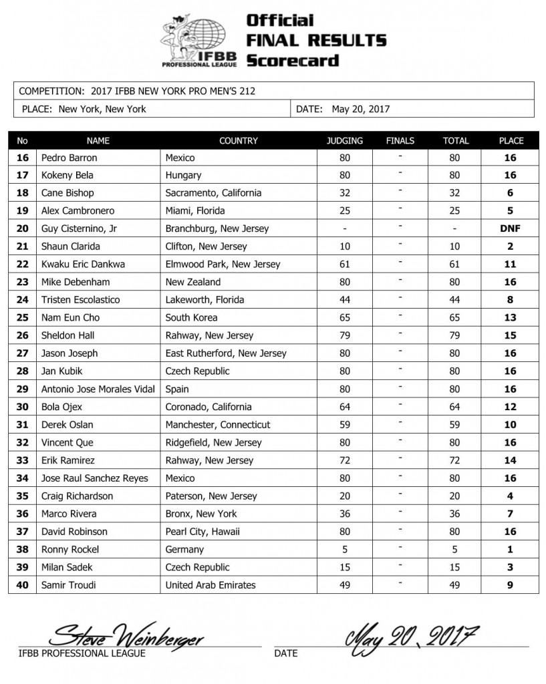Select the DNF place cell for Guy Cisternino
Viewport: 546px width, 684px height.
point(511,228)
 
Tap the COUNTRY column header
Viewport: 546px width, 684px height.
point(238,141)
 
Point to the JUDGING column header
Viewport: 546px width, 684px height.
point(345,141)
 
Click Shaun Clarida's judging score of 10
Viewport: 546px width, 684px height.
point(345,246)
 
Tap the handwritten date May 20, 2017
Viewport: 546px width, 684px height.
point(411,633)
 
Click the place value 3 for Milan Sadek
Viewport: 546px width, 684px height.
point(511,567)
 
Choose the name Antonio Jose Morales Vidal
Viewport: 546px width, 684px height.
point(98,389)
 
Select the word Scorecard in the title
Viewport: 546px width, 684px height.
point(292,60)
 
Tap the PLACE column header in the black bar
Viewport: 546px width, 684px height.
point(511,141)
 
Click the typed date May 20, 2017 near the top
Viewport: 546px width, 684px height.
point(361,109)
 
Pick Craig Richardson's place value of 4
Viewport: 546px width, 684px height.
point(511,496)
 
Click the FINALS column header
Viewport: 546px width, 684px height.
point(400,141)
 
